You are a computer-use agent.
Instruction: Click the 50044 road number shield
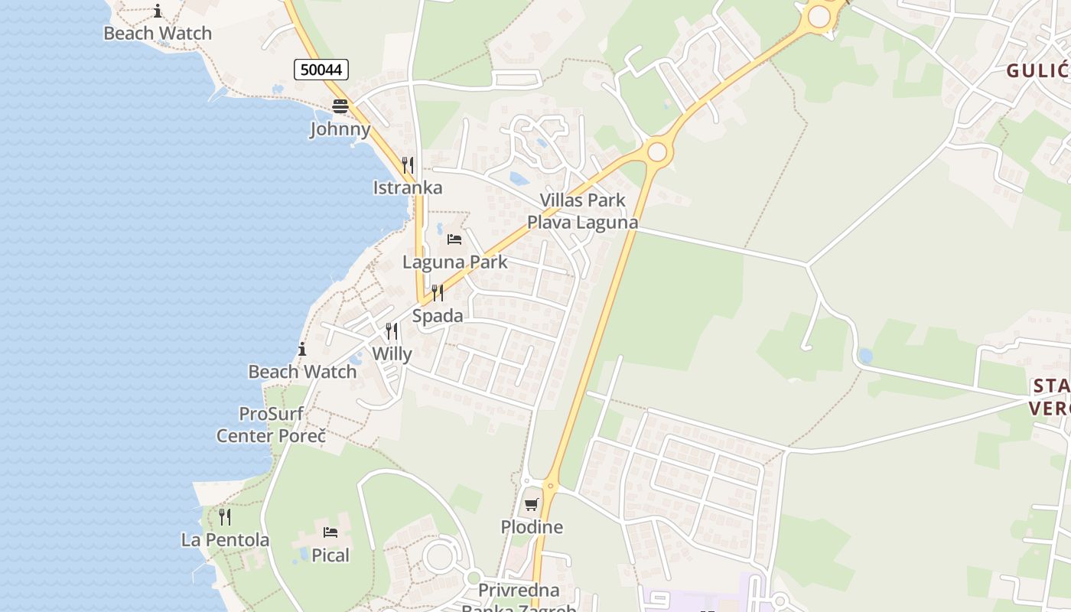(321, 70)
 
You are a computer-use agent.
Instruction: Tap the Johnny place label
(340, 129)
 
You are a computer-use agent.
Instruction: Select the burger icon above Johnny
(340, 106)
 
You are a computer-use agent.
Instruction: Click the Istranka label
(408, 187)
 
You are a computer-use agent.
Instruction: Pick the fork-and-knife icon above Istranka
(408, 164)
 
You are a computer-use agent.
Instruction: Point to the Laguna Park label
(455, 262)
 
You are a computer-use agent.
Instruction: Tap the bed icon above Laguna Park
(454, 239)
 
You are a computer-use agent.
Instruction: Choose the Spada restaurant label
(438, 316)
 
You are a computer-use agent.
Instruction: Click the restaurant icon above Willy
(392, 331)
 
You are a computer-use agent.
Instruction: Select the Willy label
(392, 354)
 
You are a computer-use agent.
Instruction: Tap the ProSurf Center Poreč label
(272, 425)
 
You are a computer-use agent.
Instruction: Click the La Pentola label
(225, 540)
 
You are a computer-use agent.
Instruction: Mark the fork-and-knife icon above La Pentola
(225, 517)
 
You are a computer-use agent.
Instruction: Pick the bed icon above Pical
(330, 532)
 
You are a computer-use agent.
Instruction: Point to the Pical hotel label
(330, 555)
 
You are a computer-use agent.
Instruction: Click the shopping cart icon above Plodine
(532, 505)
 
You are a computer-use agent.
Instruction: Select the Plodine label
(532, 527)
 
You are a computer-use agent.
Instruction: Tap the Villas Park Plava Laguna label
(582, 211)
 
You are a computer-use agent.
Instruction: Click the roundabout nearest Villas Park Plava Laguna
(656, 151)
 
